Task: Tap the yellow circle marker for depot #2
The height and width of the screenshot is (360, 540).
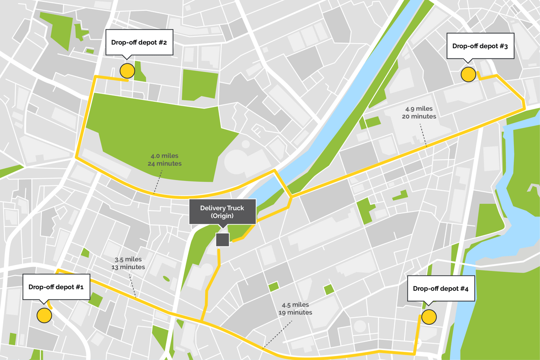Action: pos(127,71)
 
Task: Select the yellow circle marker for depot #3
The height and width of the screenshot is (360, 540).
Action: pos(468,75)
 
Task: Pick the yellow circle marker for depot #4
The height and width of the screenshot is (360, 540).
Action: pos(429,316)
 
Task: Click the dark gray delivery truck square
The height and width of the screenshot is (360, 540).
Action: pos(222,240)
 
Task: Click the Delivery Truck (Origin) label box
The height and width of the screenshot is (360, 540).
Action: pos(222,212)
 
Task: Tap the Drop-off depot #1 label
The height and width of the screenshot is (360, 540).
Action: pos(56,287)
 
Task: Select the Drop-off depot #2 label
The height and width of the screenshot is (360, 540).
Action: pos(139,43)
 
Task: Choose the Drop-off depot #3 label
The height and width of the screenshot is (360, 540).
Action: pos(480,46)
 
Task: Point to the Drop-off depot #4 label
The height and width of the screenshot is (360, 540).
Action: pos(441,288)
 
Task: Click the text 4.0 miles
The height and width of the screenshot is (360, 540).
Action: pos(165,156)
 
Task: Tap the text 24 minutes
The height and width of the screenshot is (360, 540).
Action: pos(165,163)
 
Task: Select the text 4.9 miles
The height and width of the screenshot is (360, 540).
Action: pos(419,109)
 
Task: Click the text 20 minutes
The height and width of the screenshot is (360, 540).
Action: pos(419,116)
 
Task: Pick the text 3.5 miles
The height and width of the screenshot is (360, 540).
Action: pos(128,260)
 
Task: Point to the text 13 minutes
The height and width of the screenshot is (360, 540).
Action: pos(128,267)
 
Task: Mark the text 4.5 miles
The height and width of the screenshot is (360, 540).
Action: pos(295,305)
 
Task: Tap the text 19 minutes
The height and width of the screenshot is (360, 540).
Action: pos(295,312)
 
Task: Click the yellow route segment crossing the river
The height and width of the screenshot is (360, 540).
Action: pos(282,182)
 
